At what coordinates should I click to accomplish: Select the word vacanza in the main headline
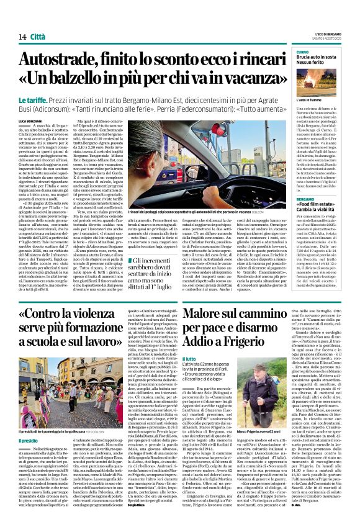[x=242, y=79]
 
